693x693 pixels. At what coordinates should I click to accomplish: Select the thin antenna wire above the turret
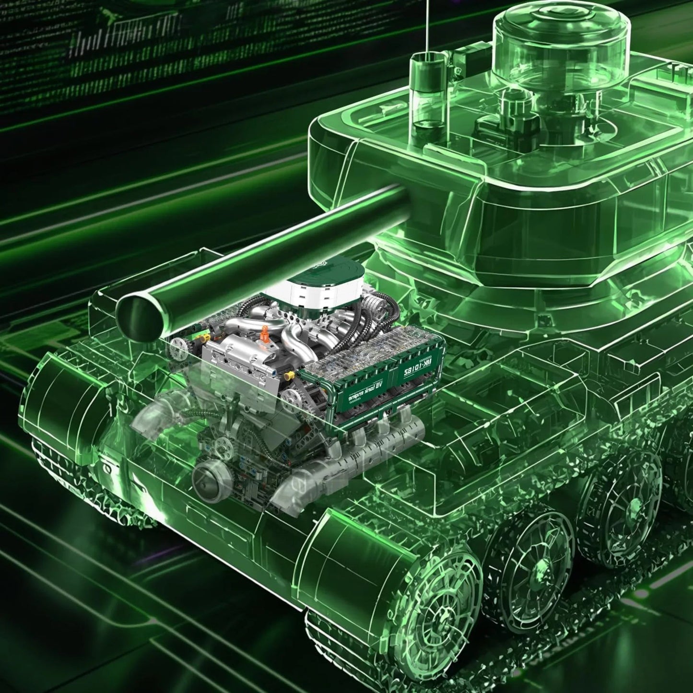pos(425,24)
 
